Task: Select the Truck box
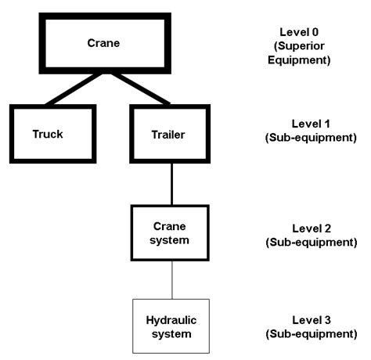tap(48, 132)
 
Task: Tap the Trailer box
tap(167, 132)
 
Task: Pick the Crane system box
tap(169, 233)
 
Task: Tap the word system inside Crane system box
tap(169, 239)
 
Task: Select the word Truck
tap(48, 132)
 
